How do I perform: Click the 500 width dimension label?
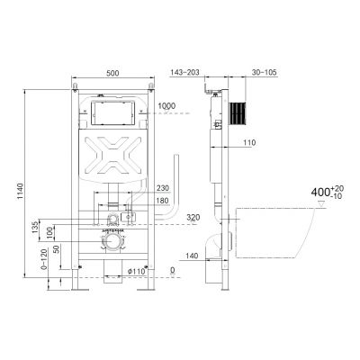[112, 73]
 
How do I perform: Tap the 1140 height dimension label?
[20, 192]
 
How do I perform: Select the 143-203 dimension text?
[184, 72]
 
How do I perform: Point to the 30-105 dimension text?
[265, 72]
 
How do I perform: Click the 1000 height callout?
[166, 106]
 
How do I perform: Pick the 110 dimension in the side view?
[249, 142]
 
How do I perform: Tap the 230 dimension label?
[163, 188]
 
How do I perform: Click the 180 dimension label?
[163, 201]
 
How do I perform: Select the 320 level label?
[193, 217]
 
